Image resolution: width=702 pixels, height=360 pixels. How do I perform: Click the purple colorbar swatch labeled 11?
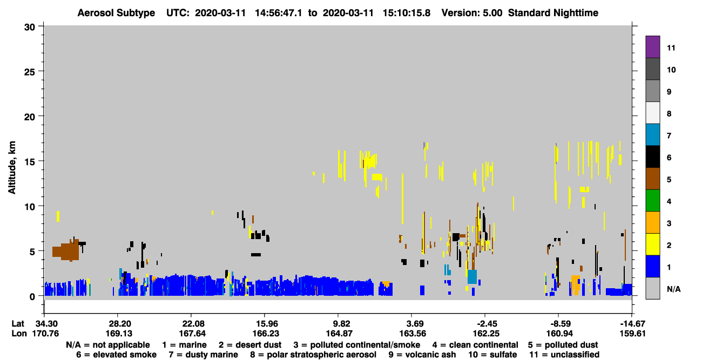pos(652,46)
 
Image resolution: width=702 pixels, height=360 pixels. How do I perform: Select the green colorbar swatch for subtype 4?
pos(652,201)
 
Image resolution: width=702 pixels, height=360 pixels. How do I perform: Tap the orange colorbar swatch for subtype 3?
pos(652,222)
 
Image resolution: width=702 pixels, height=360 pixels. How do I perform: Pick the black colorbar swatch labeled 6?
pos(652,157)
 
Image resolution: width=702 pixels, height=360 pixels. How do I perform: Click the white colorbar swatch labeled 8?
pos(652,112)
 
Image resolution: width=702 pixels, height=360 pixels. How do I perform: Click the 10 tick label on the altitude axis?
pos(30,207)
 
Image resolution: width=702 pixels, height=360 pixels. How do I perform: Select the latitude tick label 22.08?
pos(191,324)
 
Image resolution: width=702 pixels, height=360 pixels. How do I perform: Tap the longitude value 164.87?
pos(339,334)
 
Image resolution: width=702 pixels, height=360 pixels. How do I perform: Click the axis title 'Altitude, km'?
pos(12,168)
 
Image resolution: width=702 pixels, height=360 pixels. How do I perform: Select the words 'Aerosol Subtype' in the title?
pos(116,13)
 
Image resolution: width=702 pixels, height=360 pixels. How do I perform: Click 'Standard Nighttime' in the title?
pos(553,13)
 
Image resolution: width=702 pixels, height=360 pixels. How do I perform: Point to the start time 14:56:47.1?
pos(278,13)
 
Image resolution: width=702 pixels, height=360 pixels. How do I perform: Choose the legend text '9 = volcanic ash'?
pos(422,355)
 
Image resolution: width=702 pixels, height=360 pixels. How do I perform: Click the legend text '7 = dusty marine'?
pos(203,355)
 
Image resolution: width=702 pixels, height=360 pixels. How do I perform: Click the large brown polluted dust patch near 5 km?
pos(66,251)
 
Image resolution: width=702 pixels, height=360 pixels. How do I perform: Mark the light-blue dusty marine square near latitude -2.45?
pos(472,277)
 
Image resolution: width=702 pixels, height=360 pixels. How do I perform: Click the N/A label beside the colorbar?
pos(673,289)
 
